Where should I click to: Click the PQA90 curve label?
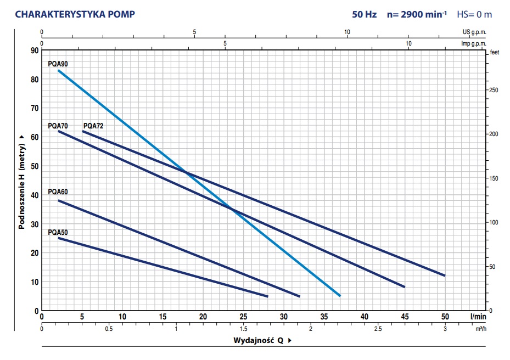58,64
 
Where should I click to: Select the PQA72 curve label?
93,126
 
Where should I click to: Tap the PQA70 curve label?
58,126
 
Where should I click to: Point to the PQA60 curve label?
58,192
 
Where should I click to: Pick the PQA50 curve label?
58,232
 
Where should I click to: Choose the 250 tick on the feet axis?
493,90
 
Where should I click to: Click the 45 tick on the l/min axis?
405,317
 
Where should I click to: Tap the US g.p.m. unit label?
474,32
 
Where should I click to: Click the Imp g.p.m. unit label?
474,43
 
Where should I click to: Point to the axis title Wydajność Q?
258,340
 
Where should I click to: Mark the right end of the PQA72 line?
444,275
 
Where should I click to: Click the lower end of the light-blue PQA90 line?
340,296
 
